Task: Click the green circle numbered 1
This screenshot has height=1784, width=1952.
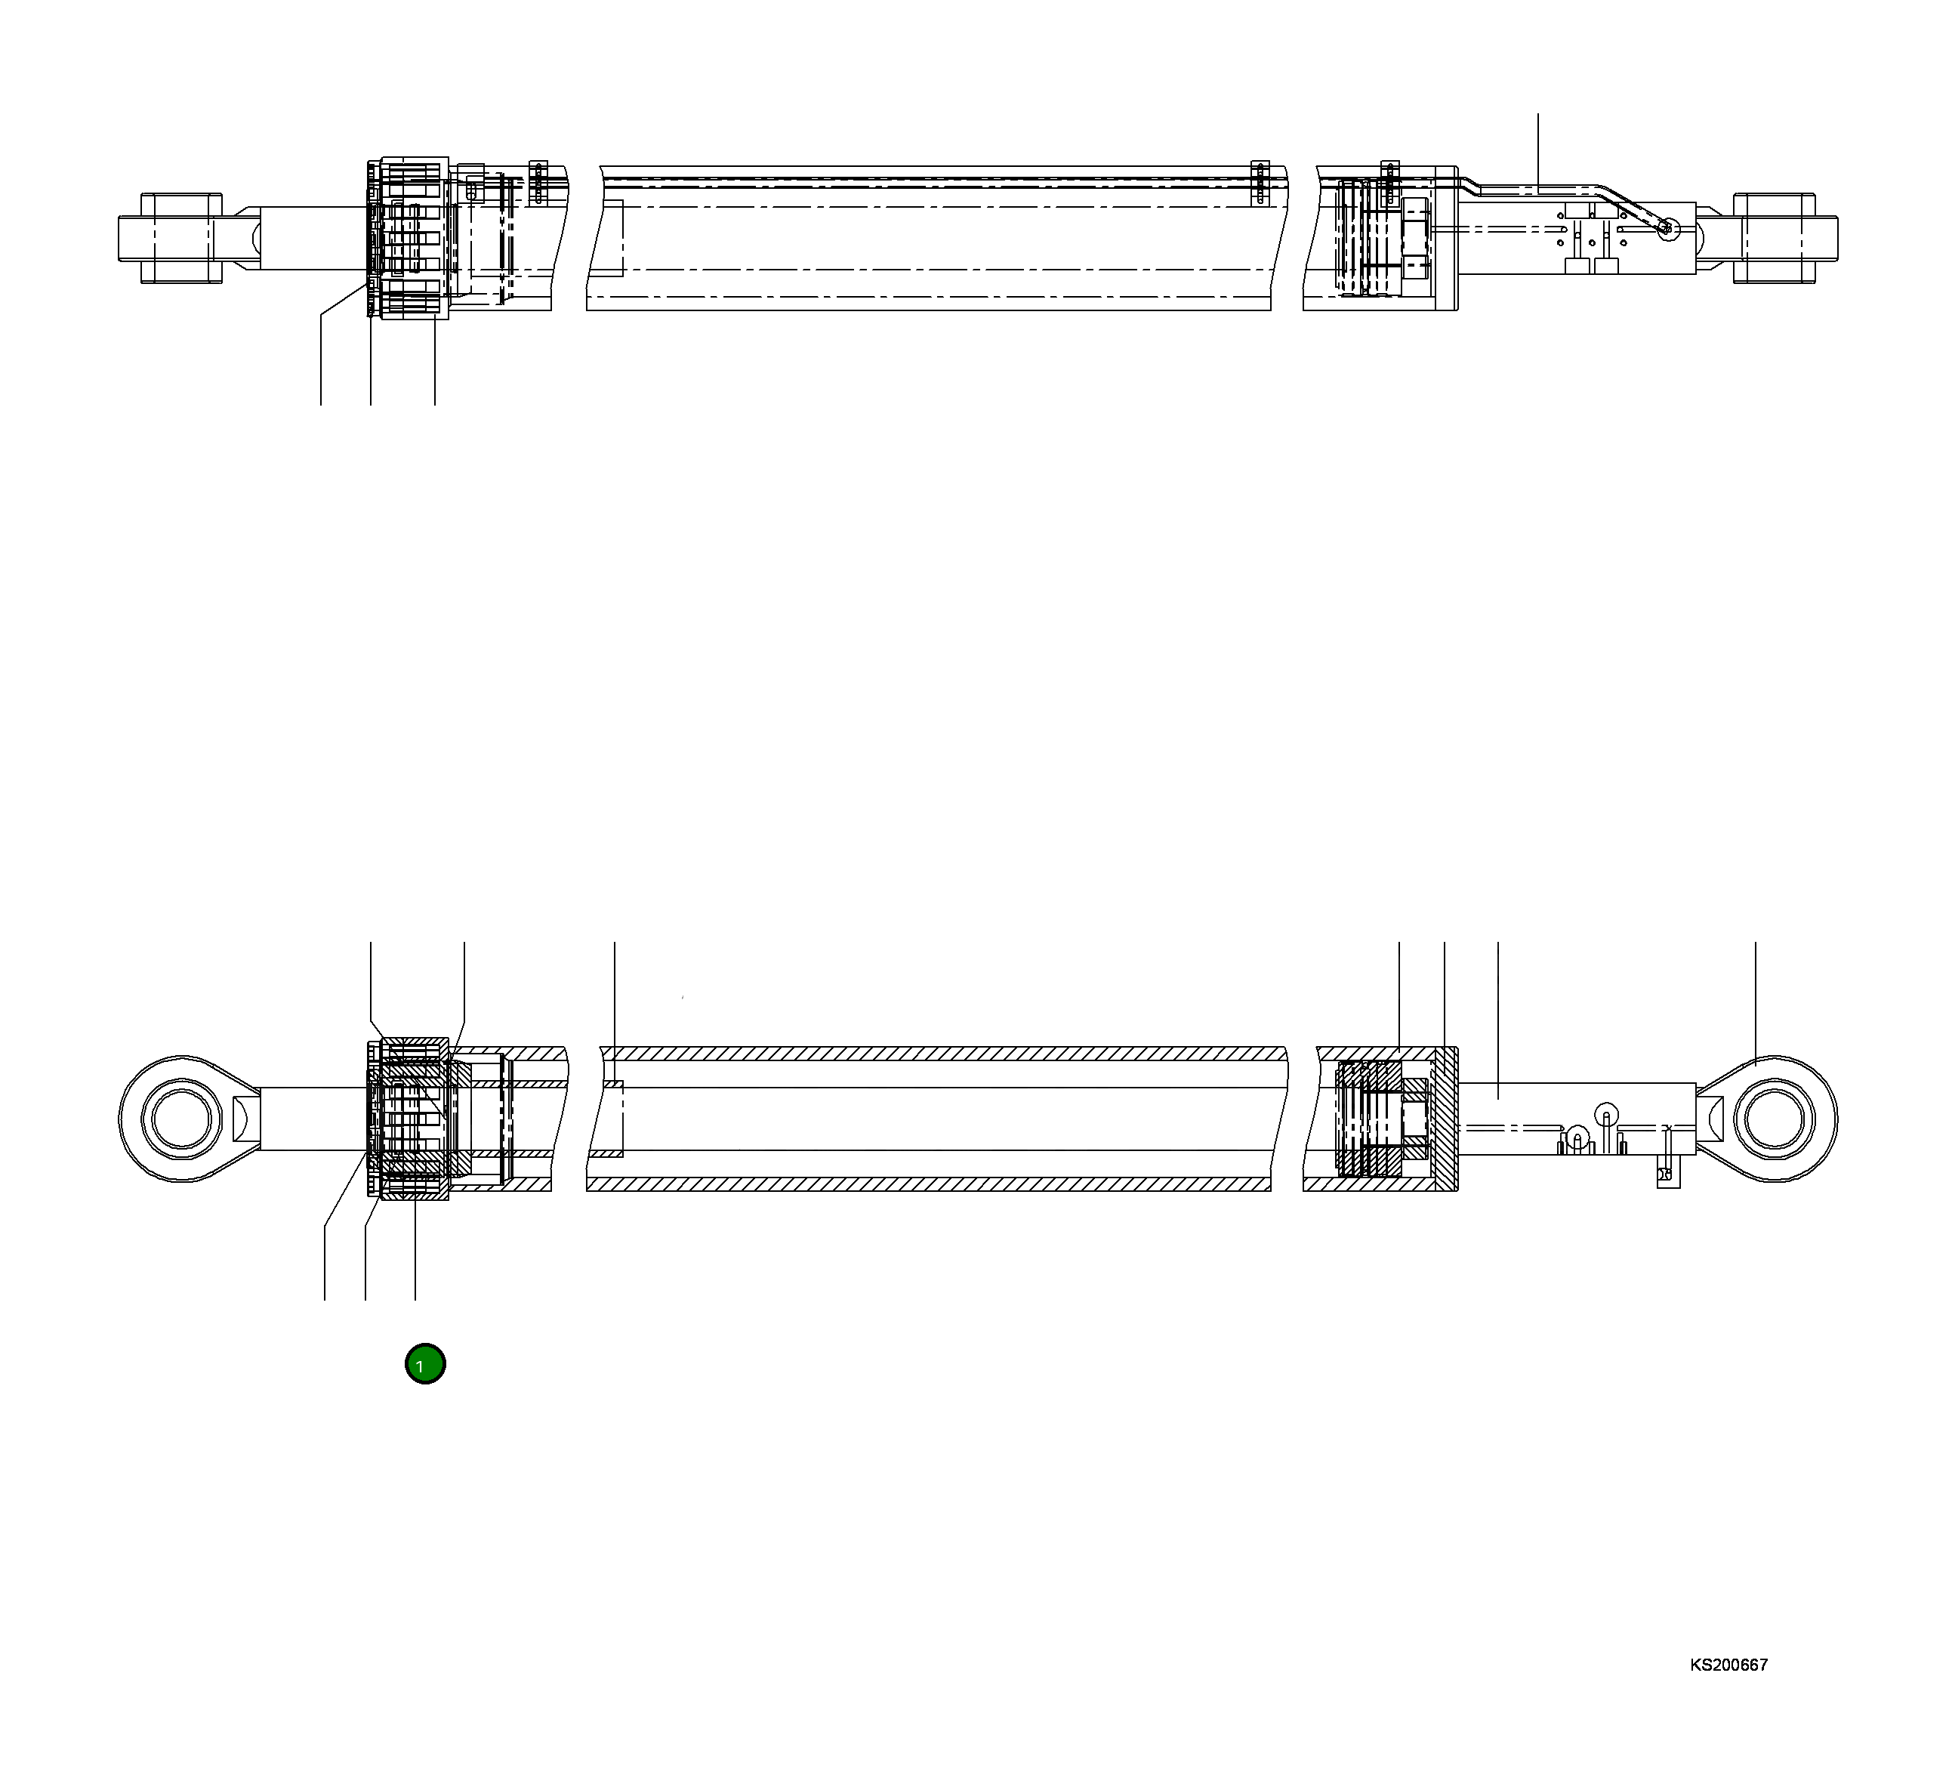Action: (425, 1363)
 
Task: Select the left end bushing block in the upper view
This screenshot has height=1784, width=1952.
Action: (181, 238)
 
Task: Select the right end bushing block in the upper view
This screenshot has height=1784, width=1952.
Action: (1774, 238)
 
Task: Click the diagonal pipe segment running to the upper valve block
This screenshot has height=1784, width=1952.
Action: (1632, 206)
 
